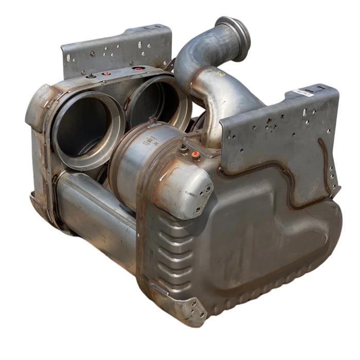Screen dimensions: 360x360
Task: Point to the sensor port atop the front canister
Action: click(152, 120)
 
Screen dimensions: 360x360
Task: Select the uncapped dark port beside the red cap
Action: click(183, 147)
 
